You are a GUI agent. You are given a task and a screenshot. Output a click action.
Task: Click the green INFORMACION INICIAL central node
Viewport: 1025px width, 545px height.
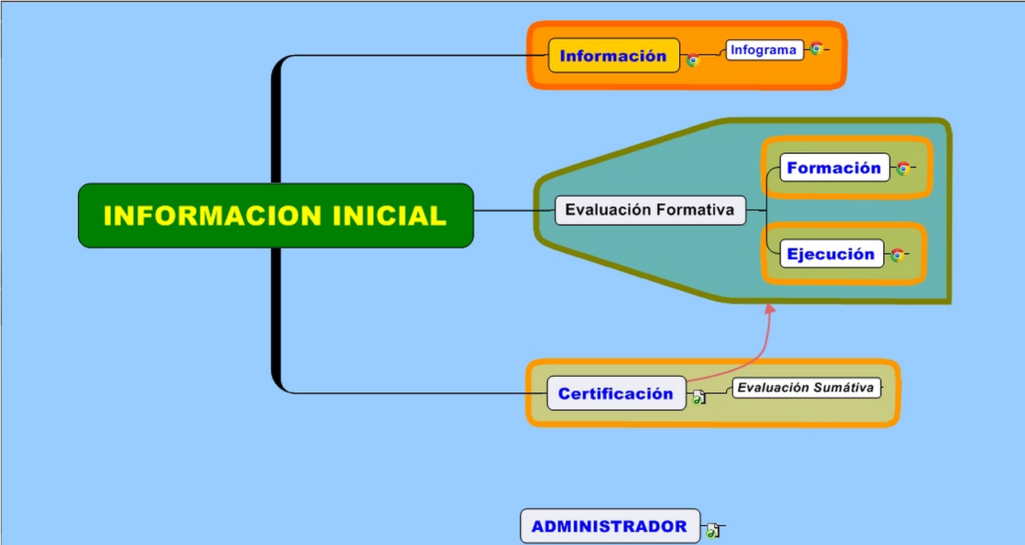276,215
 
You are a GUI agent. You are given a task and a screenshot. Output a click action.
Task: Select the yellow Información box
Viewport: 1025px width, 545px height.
614,55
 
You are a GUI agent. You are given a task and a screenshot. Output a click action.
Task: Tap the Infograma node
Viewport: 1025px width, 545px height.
764,49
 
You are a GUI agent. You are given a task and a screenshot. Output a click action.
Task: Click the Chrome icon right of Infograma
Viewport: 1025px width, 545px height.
816,49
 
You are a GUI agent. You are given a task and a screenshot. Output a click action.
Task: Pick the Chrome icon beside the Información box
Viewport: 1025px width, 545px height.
693,60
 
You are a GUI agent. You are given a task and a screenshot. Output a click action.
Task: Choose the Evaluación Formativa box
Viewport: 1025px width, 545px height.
650,210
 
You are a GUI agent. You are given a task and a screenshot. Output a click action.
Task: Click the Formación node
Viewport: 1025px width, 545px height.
835,167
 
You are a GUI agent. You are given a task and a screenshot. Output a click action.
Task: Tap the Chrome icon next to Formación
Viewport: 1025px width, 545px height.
903,168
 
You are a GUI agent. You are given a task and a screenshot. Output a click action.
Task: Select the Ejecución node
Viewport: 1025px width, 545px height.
831,253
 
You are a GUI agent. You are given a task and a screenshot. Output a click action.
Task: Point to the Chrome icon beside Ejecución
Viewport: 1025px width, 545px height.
897,255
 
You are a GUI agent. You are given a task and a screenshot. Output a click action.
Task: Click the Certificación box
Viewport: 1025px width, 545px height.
616,393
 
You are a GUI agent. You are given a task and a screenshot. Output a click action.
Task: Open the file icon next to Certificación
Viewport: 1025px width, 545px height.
699,397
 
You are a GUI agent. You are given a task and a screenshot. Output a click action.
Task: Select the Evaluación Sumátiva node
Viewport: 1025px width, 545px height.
807,387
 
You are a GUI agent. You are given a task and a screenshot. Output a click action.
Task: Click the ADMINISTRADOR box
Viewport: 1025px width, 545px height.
610,526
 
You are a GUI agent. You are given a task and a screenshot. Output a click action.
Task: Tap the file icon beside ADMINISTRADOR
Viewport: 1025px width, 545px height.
713,531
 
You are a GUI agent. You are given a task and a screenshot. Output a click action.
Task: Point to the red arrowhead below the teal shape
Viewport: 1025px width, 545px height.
770,309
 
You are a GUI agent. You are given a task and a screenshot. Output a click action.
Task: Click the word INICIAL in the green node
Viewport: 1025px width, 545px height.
389,215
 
